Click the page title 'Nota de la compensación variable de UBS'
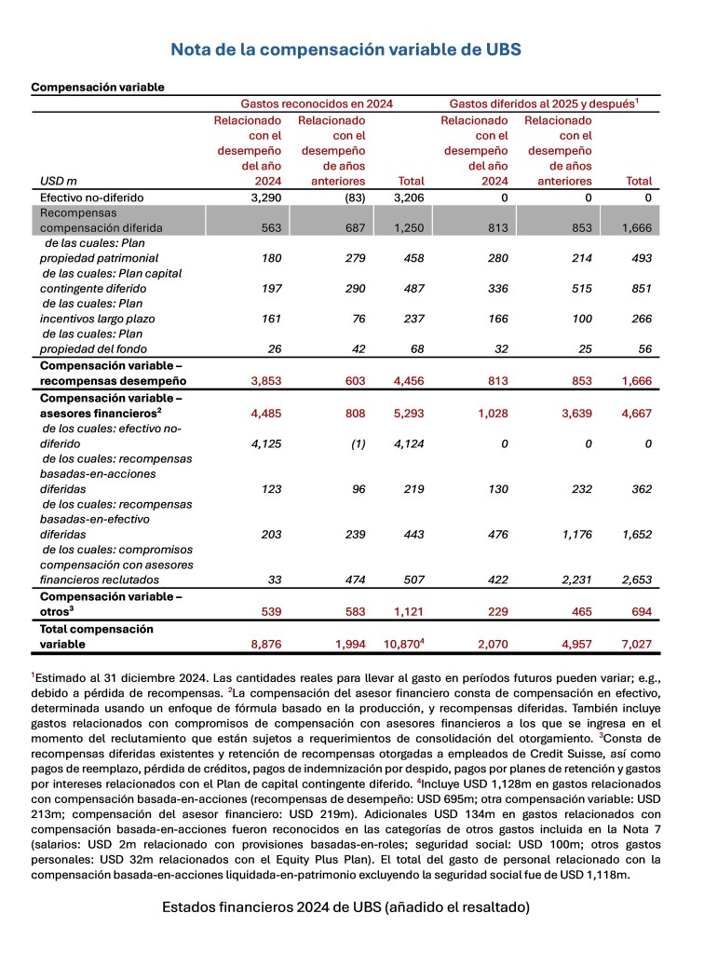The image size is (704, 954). pyautogui.click(x=352, y=48)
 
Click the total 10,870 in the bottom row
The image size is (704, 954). pyautogui.click(x=407, y=643)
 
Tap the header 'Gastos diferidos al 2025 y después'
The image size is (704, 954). pyautogui.click(x=543, y=104)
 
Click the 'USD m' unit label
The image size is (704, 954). pyautogui.click(x=56, y=181)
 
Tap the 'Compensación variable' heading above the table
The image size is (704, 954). pyautogui.click(x=98, y=87)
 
